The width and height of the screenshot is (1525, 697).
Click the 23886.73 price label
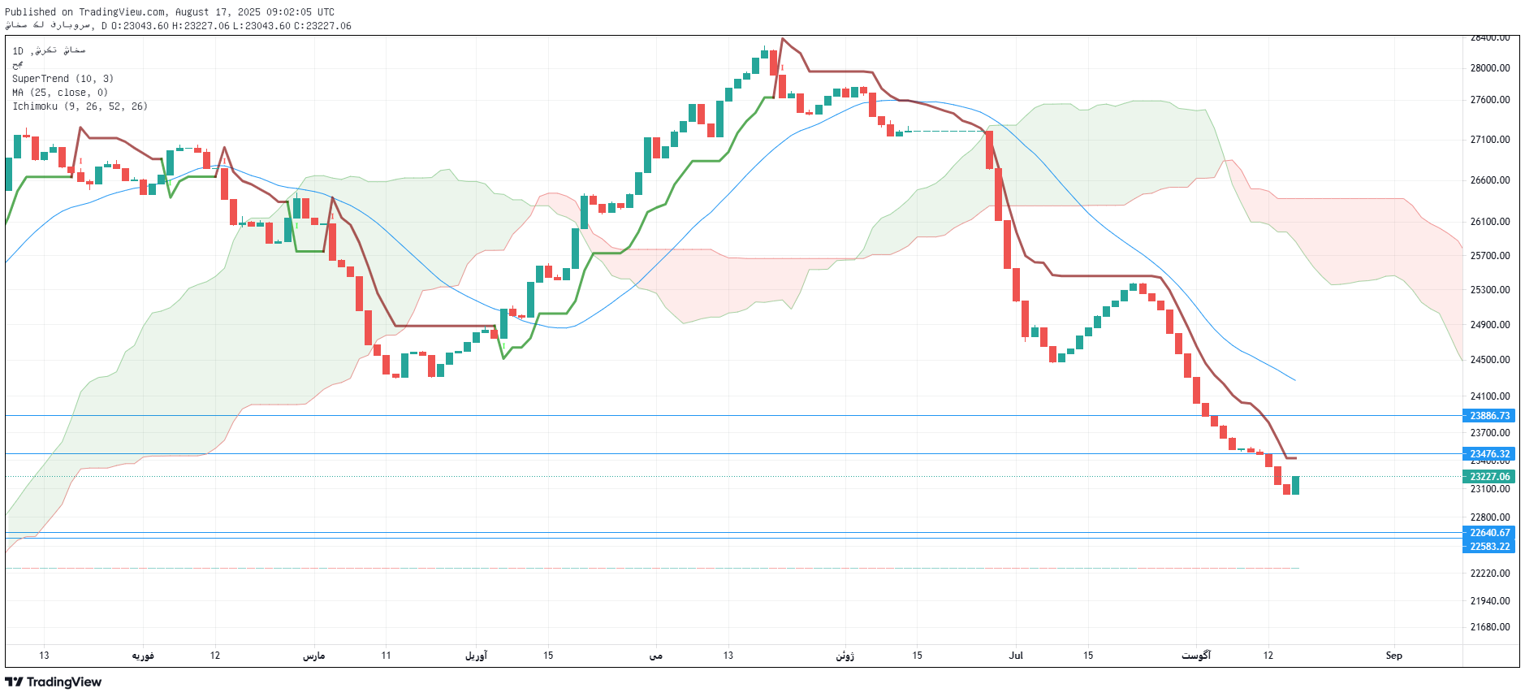click(1489, 416)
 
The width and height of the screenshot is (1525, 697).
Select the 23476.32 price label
click(1489, 454)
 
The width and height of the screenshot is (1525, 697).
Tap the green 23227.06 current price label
click(1489, 477)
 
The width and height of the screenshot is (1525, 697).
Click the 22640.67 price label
click(1489, 533)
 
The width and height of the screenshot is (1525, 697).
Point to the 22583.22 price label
click(1489, 547)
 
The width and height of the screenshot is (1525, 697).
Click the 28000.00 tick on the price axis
click(1489, 68)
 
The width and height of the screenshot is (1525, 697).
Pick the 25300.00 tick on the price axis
click(1489, 290)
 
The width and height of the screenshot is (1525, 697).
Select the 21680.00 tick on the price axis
click(1489, 627)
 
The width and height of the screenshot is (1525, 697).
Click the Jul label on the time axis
click(1016, 656)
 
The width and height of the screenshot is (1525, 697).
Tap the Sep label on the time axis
click(1393, 656)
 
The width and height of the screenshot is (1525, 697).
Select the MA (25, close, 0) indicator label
click(60, 93)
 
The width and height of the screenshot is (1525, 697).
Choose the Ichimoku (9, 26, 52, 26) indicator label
click(80, 106)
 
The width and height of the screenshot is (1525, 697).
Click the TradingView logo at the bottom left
click(54, 682)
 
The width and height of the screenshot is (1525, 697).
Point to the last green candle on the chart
click(1295, 485)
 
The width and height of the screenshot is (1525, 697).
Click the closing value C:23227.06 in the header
click(322, 26)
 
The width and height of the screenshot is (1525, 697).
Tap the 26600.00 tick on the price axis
click(1489, 180)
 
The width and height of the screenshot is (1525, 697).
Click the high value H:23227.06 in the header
click(201, 26)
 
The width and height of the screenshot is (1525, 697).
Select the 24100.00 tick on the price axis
click(1489, 396)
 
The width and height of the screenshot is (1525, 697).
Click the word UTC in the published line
click(325, 12)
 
